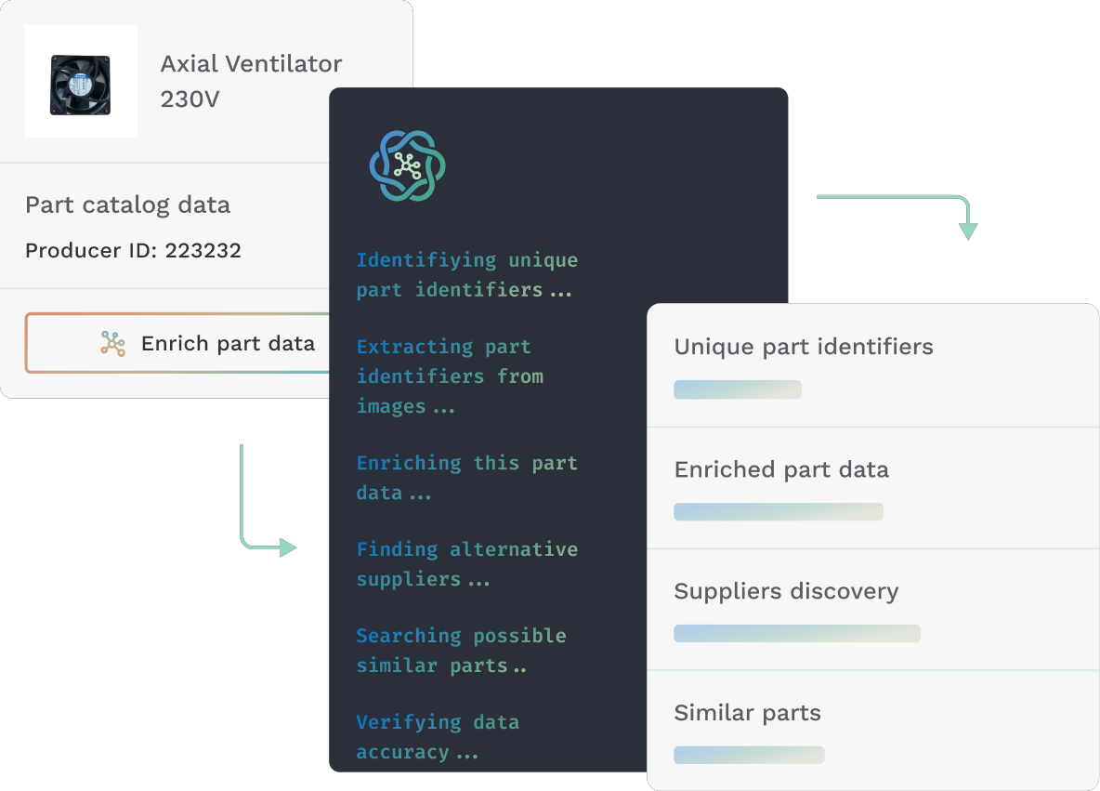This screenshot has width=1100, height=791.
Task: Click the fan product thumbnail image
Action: point(81,82)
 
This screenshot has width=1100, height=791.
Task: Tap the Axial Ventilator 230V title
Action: point(251,81)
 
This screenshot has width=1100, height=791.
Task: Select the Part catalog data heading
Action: point(127,204)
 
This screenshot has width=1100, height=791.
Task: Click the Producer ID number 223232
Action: point(203,250)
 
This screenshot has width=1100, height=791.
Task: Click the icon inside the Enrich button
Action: point(113,344)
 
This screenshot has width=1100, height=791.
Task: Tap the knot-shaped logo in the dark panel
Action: point(407,165)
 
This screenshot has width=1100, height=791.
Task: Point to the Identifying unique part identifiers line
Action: point(466,275)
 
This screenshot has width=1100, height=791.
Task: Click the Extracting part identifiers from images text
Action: point(450,376)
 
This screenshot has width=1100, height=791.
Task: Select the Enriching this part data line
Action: point(466,478)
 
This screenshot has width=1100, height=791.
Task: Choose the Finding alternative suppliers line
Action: point(466,564)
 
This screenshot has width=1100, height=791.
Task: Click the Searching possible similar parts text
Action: point(461,651)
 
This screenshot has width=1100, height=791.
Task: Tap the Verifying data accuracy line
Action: point(437,737)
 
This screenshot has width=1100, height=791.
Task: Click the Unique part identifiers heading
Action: point(803,347)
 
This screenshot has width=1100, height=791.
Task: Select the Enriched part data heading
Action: point(781,469)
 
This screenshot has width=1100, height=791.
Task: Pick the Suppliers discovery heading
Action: point(786,591)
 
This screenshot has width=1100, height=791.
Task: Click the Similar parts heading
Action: point(747,713)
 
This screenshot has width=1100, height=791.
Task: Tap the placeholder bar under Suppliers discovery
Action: point(796,634)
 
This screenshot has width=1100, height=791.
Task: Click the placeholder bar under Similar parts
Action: point(749,755)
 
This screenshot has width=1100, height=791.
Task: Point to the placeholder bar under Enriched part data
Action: point(778,511)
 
